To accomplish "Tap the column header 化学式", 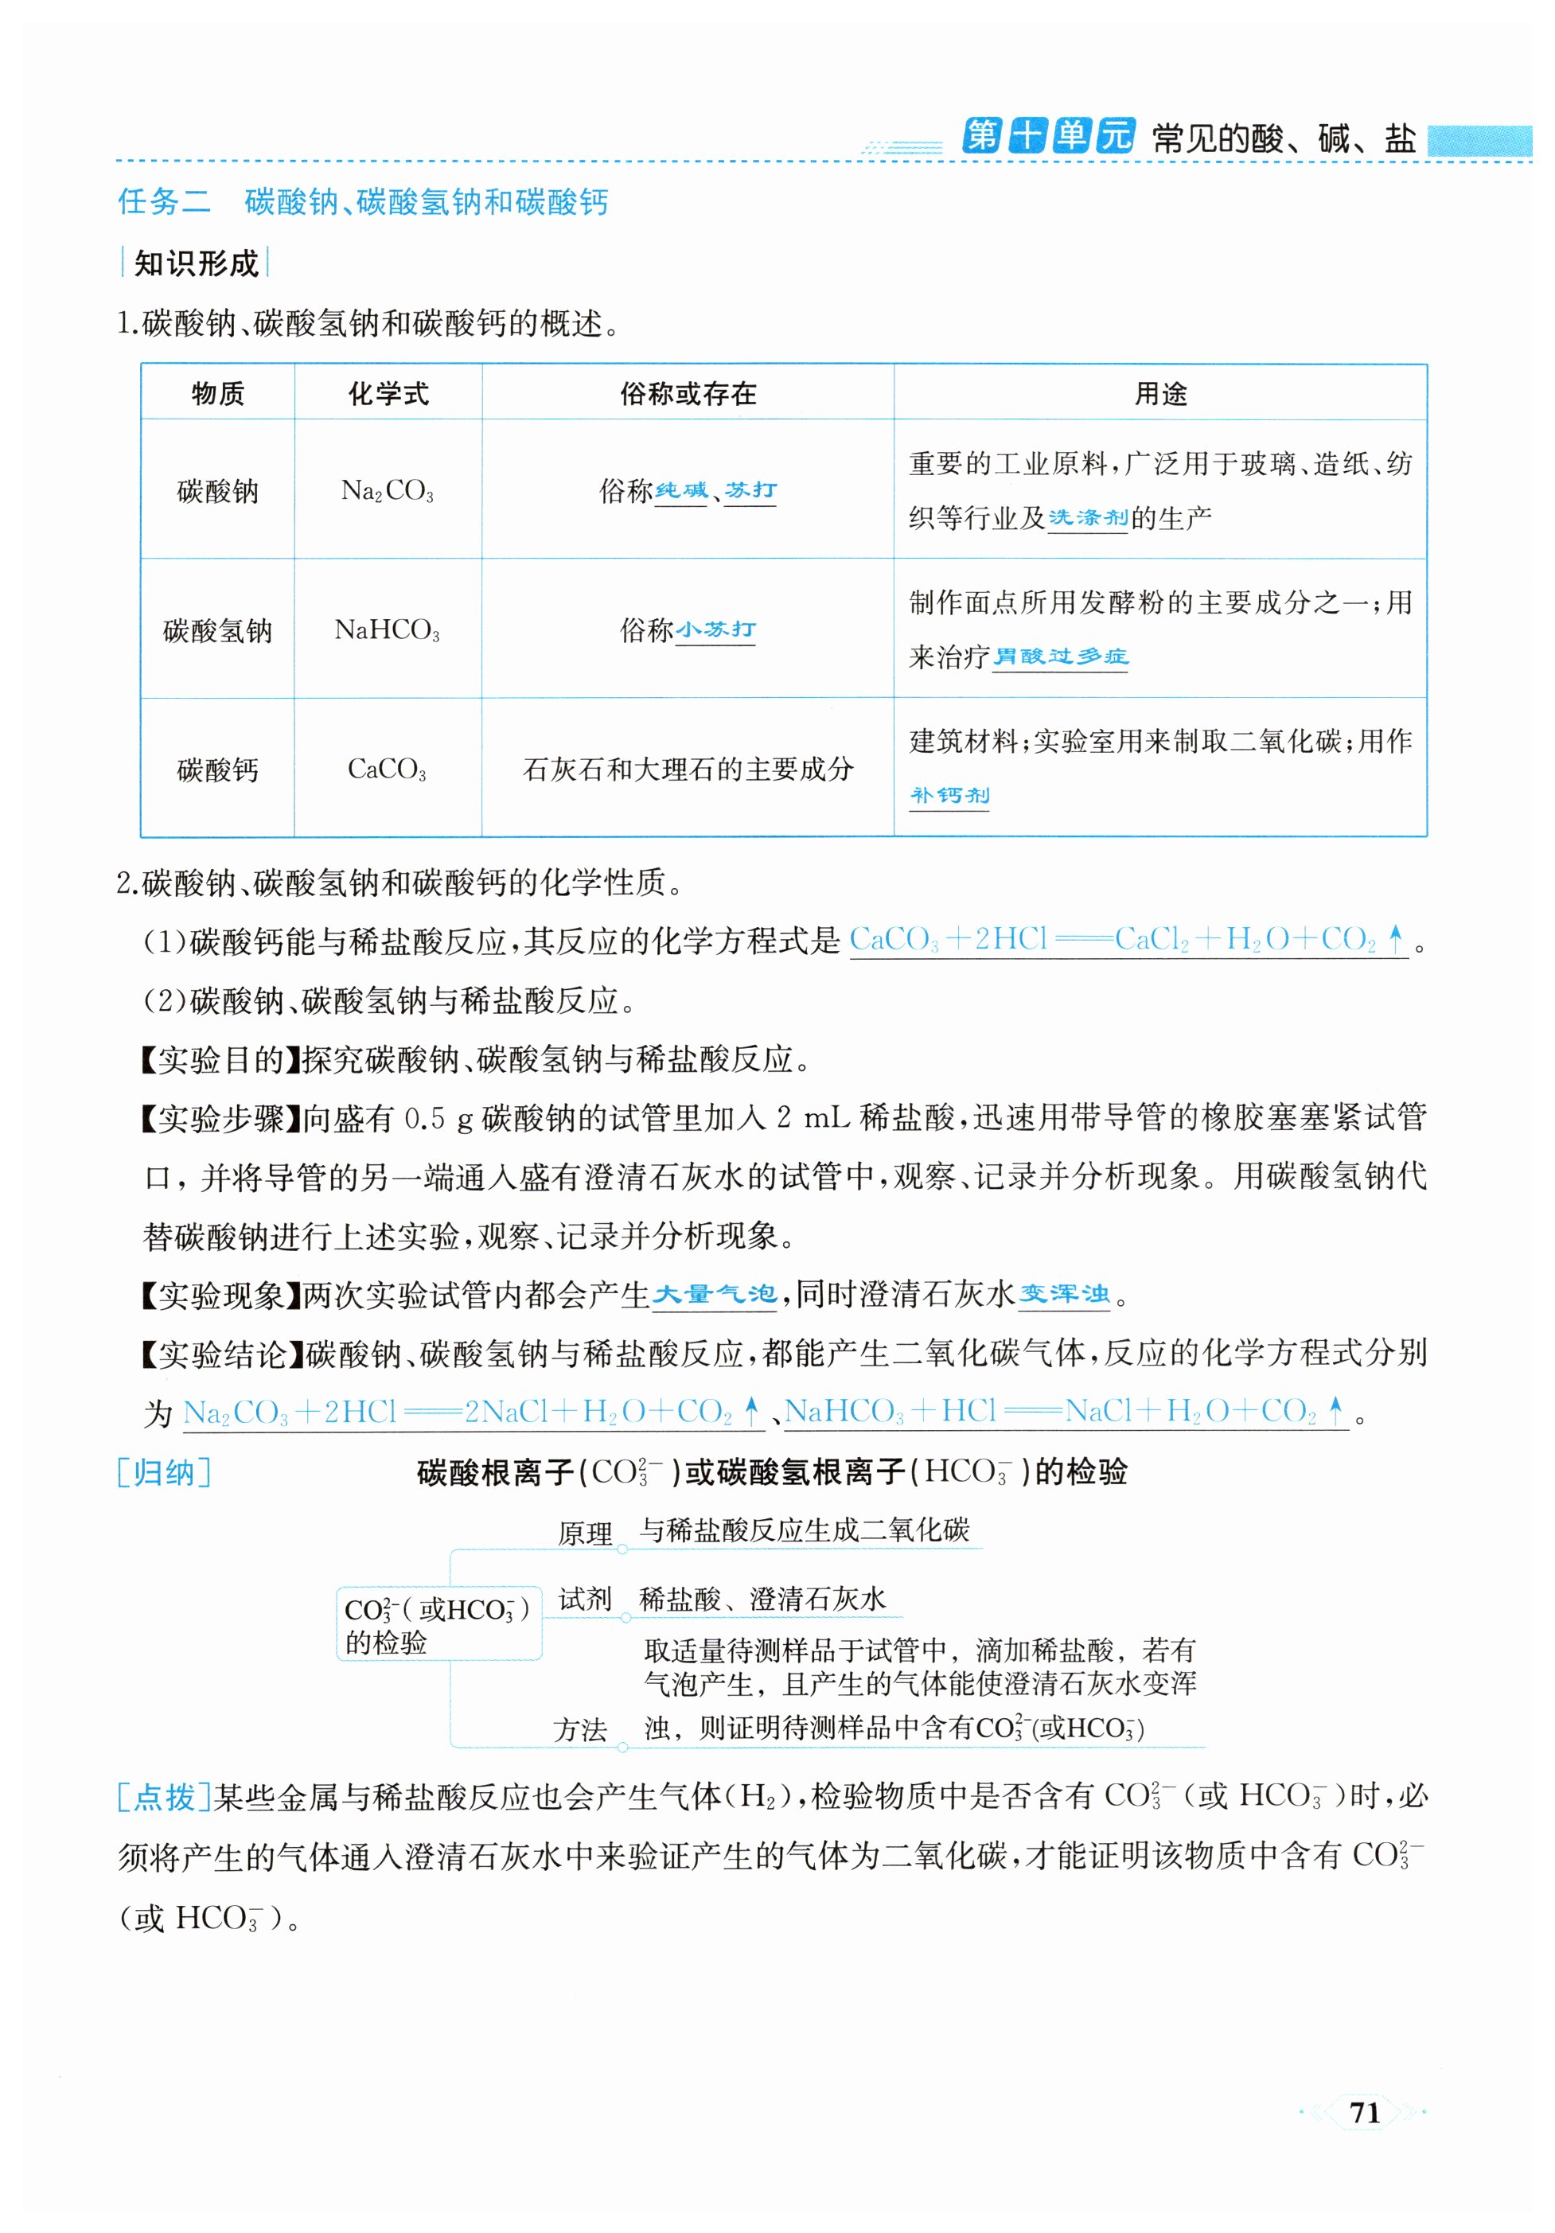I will (x=388, y=394).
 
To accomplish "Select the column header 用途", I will (x=1160, y=394).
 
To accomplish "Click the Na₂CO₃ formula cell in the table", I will (x=387, y=491).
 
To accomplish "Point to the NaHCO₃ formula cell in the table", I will (x=387, y=630).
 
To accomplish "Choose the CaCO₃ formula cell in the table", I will (x=387, y=770).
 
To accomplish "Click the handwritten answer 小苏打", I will (x=715, y=629).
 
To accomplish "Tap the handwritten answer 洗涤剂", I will (x=1087, y=517).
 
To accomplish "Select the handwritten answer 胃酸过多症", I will (x=1059, y=657).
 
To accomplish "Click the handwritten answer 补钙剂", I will (x=949, y=796).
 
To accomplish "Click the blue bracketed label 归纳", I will (x=163, y=1472).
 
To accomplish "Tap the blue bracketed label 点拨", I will (x=163, y=1796).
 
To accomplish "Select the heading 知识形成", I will (x=196, y=263).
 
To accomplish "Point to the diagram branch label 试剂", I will (x=584, y=1599).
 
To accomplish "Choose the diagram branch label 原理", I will (x=584, y=1533).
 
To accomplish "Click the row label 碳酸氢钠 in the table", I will (x=218, y=630).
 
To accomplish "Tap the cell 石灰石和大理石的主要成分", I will (x=688, y=770).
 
